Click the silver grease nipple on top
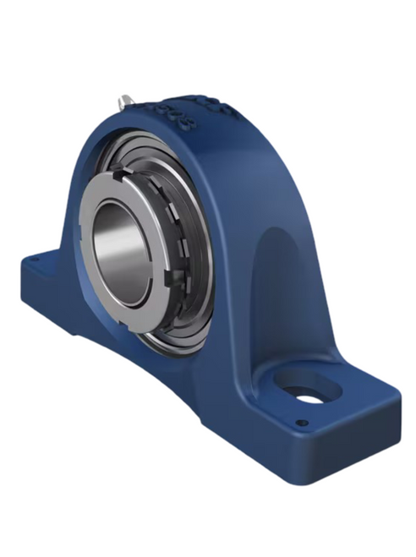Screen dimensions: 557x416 click(125, 101)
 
